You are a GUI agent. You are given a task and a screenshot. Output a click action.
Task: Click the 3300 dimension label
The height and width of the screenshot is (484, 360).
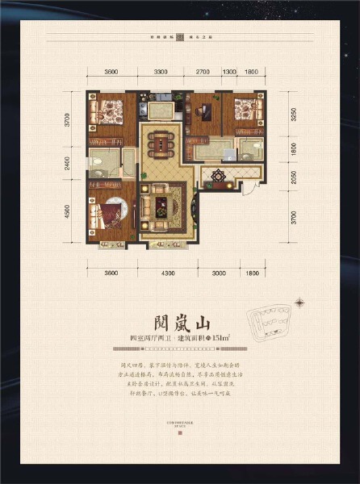point(161,73)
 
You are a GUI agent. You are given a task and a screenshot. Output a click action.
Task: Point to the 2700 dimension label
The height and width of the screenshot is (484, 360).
point(203,73)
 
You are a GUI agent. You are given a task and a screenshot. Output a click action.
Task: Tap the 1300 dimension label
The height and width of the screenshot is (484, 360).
point(229,73)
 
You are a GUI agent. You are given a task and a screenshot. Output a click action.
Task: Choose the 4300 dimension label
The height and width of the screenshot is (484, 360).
point(167,273)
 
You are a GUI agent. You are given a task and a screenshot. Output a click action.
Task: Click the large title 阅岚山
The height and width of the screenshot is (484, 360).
point(180,315)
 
